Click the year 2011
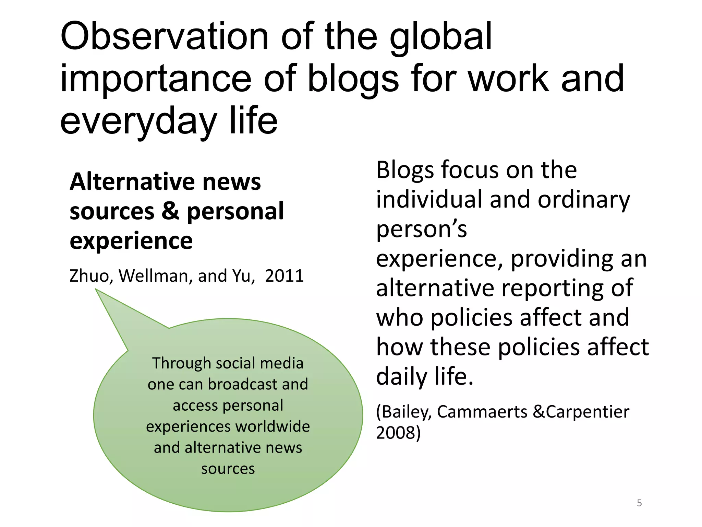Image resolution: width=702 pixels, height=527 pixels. (284, 276)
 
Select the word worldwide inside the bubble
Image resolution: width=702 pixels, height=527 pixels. (273, 426)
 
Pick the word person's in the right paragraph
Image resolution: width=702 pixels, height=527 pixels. (421, 229)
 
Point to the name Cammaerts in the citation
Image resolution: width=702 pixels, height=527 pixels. (482, 411)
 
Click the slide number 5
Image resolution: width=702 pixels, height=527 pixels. (639, 503)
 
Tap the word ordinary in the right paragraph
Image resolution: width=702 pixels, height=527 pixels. (583, 199)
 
